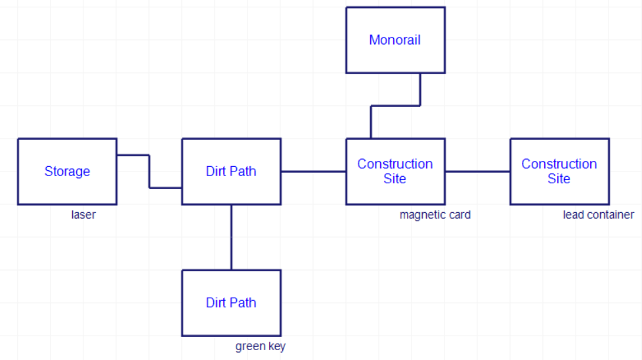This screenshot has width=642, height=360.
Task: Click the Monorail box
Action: [395, 40]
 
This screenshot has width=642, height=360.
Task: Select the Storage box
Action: [67, 171]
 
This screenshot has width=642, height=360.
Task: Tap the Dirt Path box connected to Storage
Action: [231, 171]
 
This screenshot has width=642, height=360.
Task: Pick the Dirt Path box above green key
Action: [231, 303]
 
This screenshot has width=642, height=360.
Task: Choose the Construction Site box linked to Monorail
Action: [395, 171]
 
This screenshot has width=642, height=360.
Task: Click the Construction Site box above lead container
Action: [559, 171]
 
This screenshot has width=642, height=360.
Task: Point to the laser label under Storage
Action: [83, 215]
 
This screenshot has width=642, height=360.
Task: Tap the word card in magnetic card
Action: [459, 215]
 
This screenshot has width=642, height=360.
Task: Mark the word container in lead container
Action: [611, 215]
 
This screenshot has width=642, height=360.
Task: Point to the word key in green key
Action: [277, 346]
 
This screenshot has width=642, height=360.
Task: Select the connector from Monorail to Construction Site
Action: [395, 105]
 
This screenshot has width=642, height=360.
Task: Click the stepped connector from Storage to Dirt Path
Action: [149, 171]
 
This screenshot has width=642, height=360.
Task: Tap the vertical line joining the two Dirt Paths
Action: [231, 236]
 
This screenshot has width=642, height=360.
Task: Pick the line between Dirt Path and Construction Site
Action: [313, 171]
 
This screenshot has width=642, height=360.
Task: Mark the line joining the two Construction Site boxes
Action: [477, 171]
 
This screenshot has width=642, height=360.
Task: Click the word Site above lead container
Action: [559, 179]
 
